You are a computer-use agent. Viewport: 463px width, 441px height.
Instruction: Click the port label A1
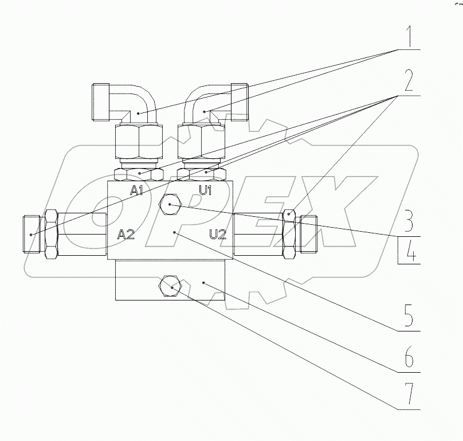(x=136, y=190)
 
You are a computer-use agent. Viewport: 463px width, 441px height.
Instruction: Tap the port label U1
(x=205, y=190)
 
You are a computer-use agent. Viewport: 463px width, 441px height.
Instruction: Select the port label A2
(x=126, y=233)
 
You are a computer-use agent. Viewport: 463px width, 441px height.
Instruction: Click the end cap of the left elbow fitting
(x=101, y=102)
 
